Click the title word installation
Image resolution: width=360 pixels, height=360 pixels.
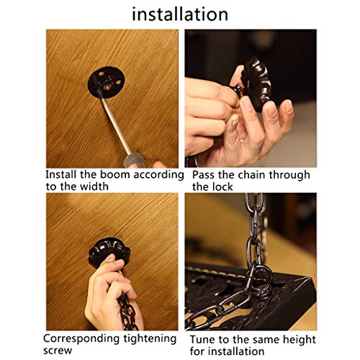point(180,14)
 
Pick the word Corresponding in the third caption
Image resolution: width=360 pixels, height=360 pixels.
point(81,339)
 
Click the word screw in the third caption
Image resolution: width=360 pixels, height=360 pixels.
point(58,351)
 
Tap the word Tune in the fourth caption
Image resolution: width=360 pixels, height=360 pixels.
point(203,340)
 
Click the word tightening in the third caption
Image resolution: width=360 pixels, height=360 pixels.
point(150,339)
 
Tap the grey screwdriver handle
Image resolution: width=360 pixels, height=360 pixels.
point(134,161)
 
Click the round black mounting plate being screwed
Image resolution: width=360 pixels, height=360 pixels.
point(106,82)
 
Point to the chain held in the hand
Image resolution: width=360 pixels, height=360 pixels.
point(127,312)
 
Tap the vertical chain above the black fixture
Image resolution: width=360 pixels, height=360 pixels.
point(255,230)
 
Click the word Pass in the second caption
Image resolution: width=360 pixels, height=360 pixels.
point(203,175)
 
